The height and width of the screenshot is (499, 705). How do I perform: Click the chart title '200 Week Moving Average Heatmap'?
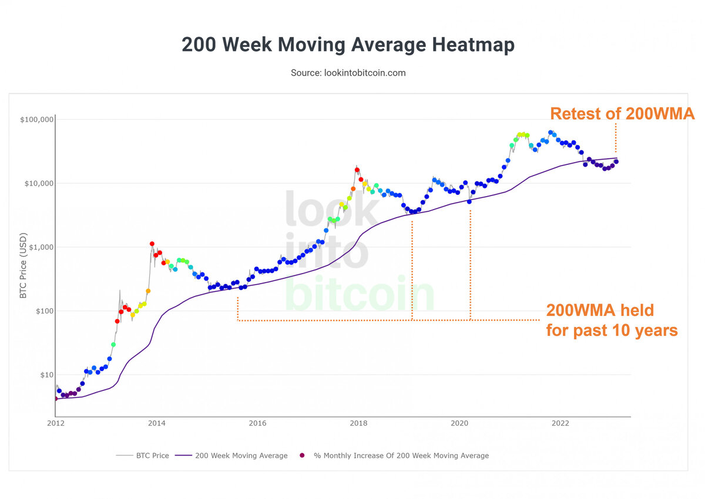[x=348, y=45]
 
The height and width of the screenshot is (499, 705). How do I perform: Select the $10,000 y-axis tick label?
[x=36, y=183]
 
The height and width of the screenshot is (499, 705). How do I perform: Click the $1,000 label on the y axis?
[x=38, y=247]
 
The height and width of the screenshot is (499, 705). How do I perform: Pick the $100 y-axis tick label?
[x=41, y=311]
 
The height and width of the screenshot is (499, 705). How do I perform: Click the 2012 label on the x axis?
[x=56, y=423]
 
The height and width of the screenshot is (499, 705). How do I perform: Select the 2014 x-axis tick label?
[x=156, y=423]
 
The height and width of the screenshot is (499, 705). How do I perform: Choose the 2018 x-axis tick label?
[x=358, y=423]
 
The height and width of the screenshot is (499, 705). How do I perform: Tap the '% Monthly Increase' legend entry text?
[x=401, y=456]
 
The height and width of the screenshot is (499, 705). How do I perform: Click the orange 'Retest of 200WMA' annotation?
[x=622, y=114]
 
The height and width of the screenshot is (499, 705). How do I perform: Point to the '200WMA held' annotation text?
[x=600, y=310]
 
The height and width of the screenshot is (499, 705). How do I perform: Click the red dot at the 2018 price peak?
[x=357, y=170]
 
